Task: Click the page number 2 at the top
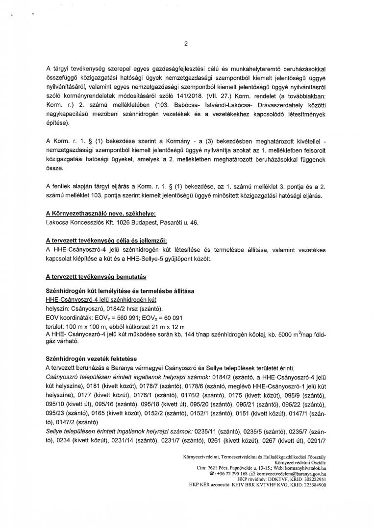pos(186,43)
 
